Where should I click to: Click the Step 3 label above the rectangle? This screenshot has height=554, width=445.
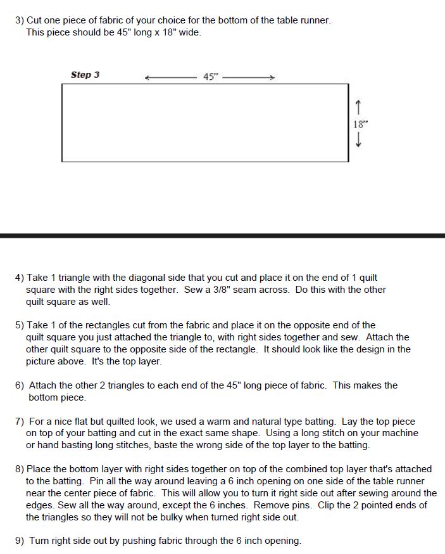(x=85, y=75)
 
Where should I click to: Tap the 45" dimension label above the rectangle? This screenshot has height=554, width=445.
(x=210, y=77)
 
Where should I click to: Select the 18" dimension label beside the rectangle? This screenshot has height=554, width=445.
(x=360, y=124)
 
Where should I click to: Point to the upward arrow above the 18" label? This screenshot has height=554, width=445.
(x=359, y=106)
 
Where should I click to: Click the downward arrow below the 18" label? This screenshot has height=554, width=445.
(x=359, y=141)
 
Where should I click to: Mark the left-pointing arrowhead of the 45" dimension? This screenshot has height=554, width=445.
(x=147, y=78)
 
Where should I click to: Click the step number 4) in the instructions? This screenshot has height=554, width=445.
(x=20, y=278)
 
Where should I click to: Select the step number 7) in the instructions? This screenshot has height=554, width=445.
(x=20, y=421)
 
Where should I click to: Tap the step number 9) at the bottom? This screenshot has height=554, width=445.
(x=20, y=541)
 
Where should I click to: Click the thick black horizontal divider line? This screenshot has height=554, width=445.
(x=222, y=235)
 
